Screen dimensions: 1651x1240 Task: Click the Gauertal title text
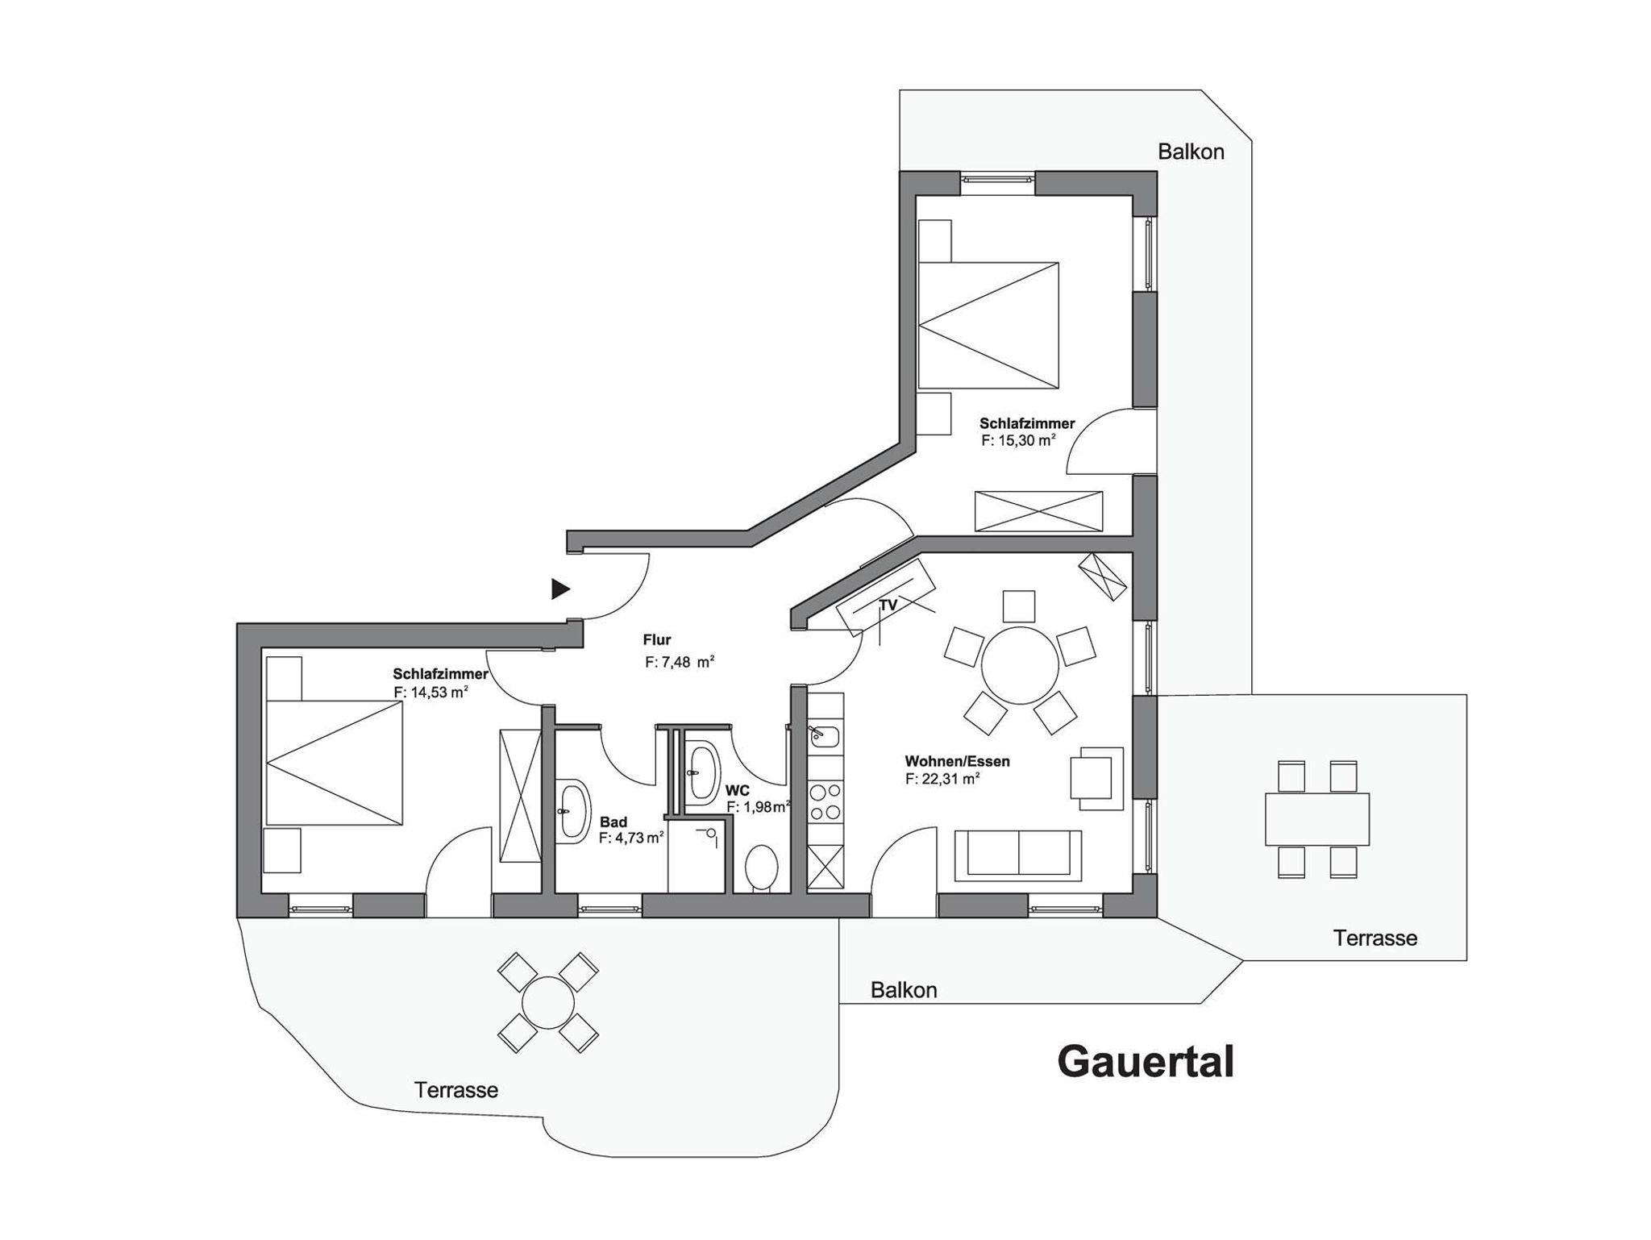(x=1145, y=1062)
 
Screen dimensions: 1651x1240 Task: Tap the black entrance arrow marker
(x=560, y=589)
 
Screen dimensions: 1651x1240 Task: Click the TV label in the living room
(x=888, y=605)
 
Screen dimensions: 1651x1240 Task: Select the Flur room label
(x=657, y=640)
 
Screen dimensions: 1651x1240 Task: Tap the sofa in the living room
(x=1018, y=855)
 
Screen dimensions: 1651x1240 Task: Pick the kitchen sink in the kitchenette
(x=825, y=736)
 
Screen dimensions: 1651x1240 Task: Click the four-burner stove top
(x=825, y=801)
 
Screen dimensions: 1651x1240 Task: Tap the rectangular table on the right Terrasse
(x=1317, y=819)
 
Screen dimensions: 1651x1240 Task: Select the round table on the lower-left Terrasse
(x=548, y=1002)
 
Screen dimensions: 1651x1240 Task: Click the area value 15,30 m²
(x=1019, y=440)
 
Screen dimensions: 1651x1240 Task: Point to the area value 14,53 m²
(x=430, y=692)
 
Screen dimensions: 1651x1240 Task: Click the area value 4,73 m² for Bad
(x=631, y=838)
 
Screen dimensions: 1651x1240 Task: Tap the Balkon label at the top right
(x=1191, y=152)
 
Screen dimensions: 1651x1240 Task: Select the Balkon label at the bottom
(x=904, y=990)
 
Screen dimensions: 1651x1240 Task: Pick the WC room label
(x=737, y=791)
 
